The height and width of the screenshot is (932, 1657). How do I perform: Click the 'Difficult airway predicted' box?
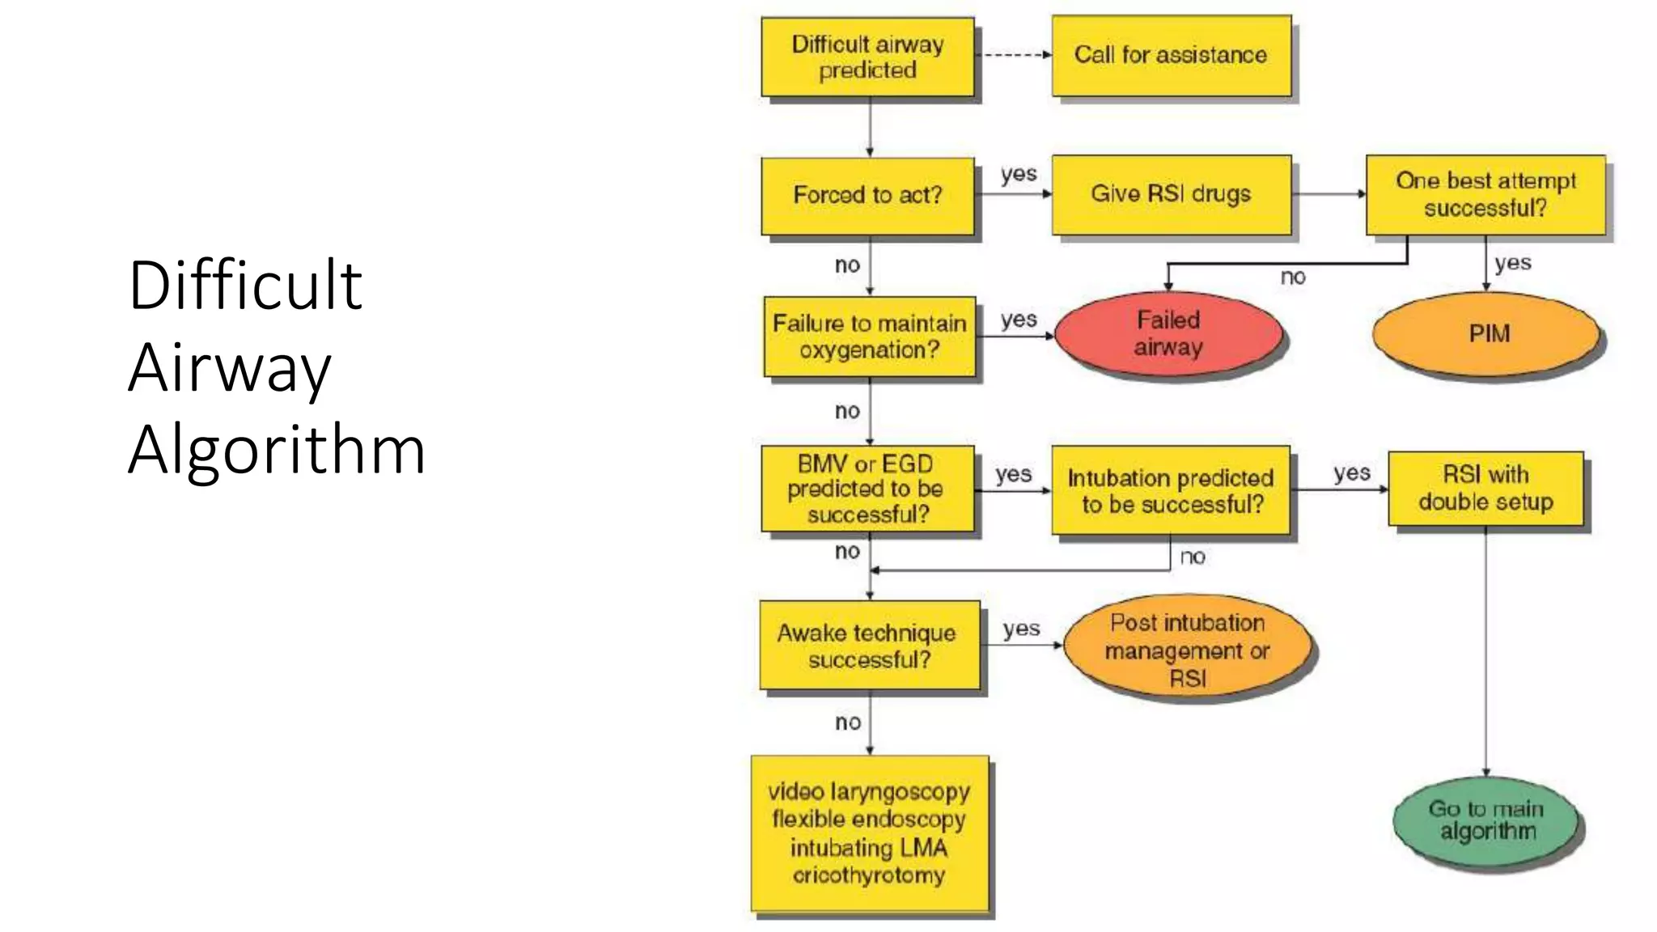(867, 57)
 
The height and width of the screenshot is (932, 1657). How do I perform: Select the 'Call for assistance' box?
(1171, 55)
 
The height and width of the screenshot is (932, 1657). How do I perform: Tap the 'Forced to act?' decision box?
(867, 195)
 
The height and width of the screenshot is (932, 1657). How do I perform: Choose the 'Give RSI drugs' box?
(1171, 194)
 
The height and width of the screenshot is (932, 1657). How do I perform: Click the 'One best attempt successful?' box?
(1485, 194)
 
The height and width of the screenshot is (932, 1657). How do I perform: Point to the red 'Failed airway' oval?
(1168, 333)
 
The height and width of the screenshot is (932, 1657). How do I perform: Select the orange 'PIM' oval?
(1487, 333)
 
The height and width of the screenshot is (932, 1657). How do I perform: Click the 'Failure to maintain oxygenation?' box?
(869, 337)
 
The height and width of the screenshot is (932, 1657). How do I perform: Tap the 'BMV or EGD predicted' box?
(867, 489)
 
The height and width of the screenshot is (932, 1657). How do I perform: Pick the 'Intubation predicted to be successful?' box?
(1171, 491)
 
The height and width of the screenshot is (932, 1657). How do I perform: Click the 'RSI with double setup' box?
(1485, 489)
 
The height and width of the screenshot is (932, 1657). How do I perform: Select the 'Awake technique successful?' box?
(868, 646)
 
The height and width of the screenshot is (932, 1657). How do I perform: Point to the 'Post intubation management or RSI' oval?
(1188, 650)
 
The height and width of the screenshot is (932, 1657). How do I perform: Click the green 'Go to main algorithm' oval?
(1487, 820)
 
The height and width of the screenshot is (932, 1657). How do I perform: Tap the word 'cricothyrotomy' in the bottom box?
(868, 875)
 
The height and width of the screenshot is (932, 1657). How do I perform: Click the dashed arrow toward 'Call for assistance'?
(1013, 55)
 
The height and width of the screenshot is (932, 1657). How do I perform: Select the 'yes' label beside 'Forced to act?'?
(1018, 174)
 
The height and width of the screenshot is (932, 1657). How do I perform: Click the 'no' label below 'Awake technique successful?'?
(847, 722)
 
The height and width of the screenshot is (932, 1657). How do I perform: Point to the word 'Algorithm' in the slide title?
(277, 450)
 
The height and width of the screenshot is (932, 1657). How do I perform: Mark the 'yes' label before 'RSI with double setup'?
(1351, 472)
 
